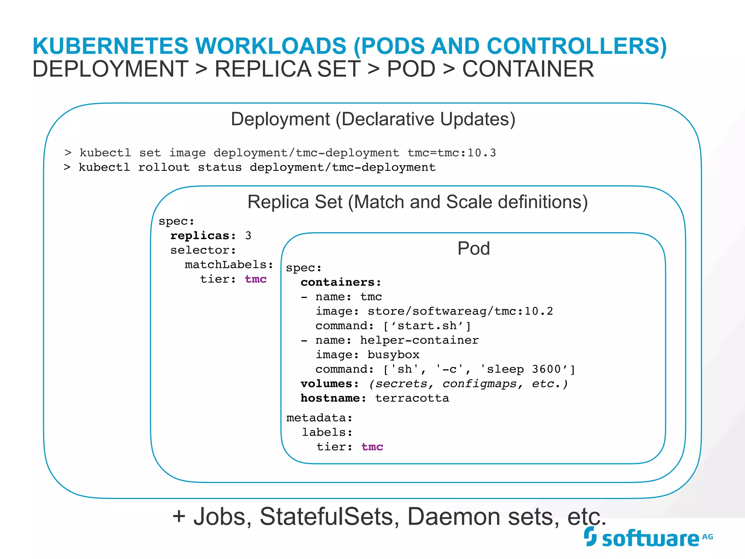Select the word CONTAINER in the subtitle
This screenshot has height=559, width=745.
click(x=528, y=69)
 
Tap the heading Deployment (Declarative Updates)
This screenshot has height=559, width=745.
click(x=373, y=119)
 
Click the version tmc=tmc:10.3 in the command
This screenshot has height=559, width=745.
click(x=451, y=153)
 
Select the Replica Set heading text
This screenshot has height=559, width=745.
click(x=417, y=202)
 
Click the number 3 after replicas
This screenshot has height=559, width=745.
click(x=248, y=236)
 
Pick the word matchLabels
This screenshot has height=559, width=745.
click(x=229, y=265)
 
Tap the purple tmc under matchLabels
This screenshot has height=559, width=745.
click(x=256, y=279)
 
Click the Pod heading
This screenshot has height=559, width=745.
click(x=473, y=249)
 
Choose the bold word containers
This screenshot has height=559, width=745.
click(x=340, y=282)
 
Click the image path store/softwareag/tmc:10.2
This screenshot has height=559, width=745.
click(x=460, y=311)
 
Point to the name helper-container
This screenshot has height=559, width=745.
click(x=419, y=340)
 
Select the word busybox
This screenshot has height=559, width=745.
click(x=393, y=355)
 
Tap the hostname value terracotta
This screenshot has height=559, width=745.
click(x=412, y=399)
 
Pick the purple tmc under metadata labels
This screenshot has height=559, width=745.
click(x=372, y=447)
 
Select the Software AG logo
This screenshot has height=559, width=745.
click(x=648, y=538)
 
